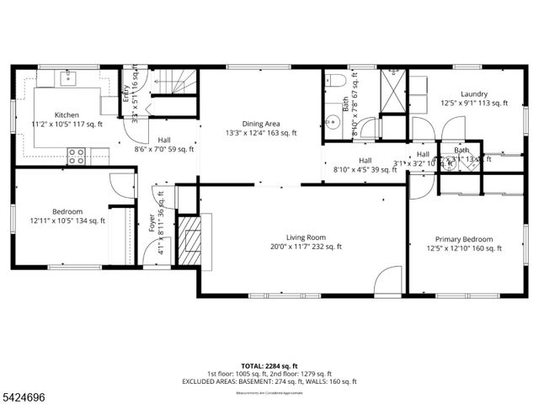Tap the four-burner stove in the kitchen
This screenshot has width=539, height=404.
click(77, 156)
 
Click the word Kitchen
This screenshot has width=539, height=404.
click(67, 114)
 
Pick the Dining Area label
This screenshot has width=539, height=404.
click(261, 123)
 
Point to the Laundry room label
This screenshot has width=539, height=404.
click(474, 93)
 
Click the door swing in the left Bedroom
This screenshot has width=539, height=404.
click(123, 184)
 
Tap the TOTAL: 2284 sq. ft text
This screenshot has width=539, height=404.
click(269, 364)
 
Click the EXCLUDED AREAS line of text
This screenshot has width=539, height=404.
click(269, 381)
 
